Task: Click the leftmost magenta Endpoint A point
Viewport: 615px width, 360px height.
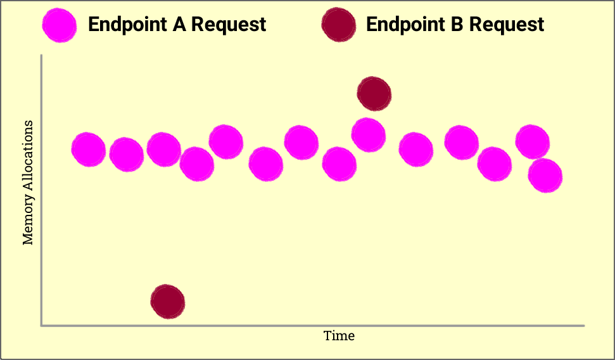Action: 89,150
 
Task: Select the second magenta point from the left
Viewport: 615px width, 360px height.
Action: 126,155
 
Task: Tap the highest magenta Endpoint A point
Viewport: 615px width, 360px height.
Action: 368,135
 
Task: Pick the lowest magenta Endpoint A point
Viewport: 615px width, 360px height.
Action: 545,176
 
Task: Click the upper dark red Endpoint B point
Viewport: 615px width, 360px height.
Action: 374,94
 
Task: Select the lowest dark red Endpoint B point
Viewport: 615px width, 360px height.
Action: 167,302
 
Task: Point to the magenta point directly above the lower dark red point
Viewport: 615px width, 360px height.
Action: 164,149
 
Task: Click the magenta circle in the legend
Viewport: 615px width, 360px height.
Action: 60,25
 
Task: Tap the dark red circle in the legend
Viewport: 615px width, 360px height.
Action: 338,25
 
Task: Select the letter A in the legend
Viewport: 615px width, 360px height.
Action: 179,24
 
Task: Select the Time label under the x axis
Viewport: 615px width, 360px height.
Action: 339,336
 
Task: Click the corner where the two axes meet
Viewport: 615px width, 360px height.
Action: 41,325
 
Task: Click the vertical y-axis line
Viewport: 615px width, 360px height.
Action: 41,190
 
